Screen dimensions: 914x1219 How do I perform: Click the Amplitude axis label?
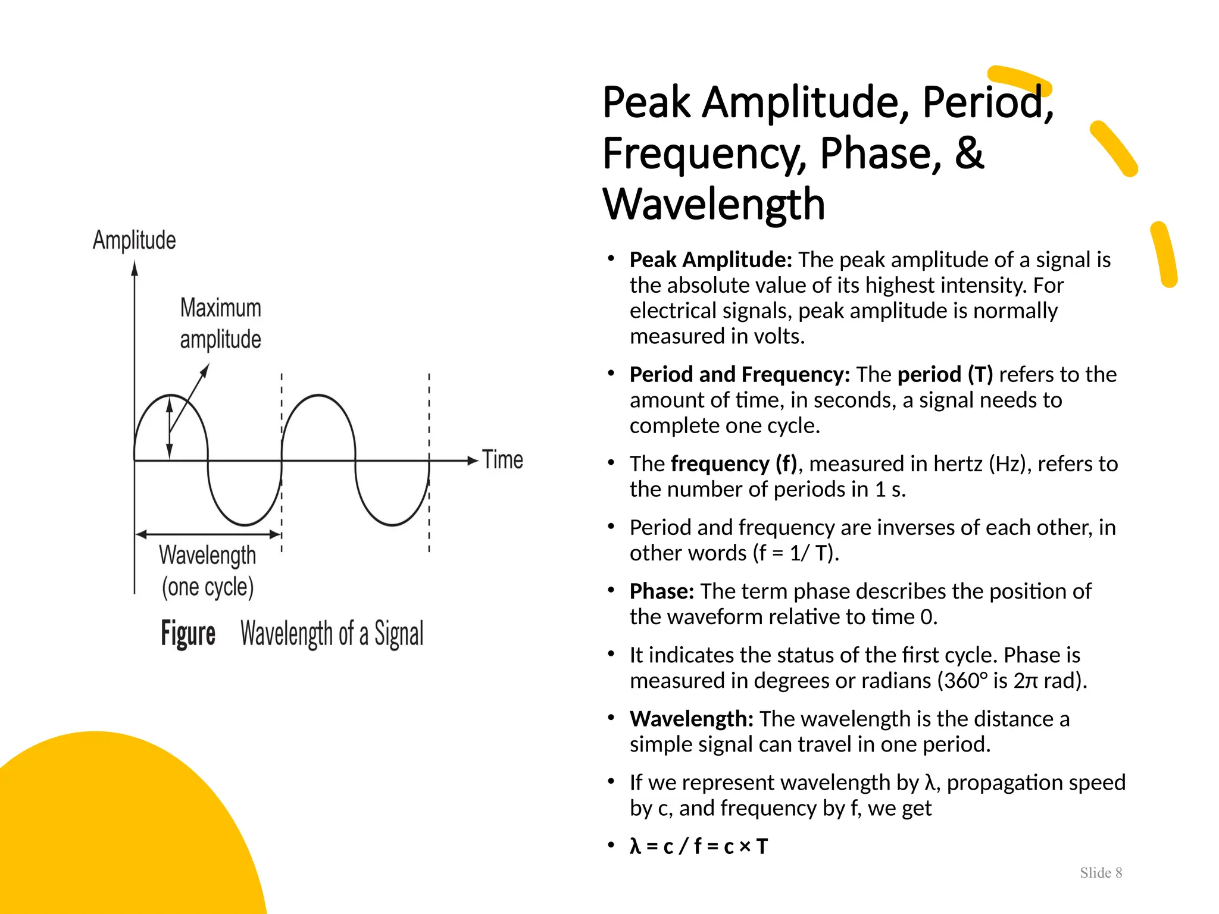pos(135,240)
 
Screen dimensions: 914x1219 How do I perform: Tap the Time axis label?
pos(502,460)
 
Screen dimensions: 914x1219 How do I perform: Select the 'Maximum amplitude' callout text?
pos(220,324)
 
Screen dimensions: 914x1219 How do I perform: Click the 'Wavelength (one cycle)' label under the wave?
pos(207,571)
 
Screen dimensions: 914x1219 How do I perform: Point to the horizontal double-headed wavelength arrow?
pos(208,534)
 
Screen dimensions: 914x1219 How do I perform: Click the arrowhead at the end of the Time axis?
pos(473,461)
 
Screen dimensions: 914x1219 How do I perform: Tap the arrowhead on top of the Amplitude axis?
pos(135,269)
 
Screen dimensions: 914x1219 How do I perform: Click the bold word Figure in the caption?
pos(188,633)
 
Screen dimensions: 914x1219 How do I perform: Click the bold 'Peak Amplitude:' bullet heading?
pos(711,260)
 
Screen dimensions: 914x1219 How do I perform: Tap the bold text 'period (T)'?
pos(945,374)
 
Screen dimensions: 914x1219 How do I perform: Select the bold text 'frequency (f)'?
pos(733,464)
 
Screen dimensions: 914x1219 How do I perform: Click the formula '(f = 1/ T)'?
pos(796,553)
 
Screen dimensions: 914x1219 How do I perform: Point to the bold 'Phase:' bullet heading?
pos(662,591)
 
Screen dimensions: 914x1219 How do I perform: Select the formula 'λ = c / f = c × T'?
pos(699,846)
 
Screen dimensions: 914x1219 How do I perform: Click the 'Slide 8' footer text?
pos(1101,873)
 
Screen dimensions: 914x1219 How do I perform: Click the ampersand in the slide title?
pos(969,153)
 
